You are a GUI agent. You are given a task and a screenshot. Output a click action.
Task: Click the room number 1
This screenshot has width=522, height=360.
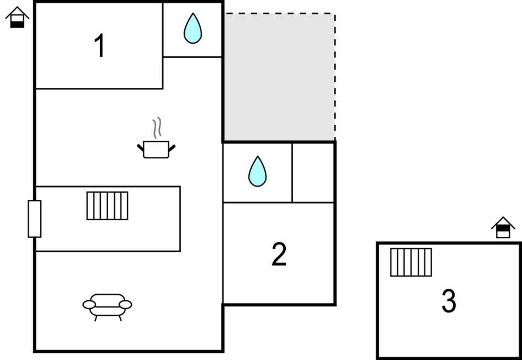click(x=100, y=46)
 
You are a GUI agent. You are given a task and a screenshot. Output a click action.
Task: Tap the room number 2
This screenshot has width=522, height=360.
click(x=279, y=254)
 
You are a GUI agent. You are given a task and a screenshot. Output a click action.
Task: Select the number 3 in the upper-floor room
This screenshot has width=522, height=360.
click(x=449, y=301)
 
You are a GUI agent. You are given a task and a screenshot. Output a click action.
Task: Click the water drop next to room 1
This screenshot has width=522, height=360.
click(x=193, y=28)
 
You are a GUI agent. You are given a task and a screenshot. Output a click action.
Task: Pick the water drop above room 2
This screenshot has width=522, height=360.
click(x=257, y=172)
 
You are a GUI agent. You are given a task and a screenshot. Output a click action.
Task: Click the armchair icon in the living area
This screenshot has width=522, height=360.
click(x=107, y=307)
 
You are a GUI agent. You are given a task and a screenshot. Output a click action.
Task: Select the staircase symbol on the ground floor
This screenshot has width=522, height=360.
click(x=107, y=205)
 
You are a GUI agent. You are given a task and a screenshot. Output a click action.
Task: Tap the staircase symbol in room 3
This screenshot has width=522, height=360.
click(x=411, y=262)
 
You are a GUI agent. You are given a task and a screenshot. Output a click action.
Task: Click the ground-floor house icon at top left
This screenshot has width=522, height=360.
click(x=17, y=17)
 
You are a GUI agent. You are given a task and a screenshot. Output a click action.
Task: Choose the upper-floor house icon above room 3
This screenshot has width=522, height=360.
click(x=503, y=227)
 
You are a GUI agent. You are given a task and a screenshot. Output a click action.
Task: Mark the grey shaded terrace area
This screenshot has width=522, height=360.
click(x=280, y=77)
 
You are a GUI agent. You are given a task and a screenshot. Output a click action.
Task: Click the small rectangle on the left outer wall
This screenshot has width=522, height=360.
click(x=35, y=219)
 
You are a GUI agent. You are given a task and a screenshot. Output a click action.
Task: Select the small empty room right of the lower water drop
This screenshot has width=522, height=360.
click(x=313, y=172)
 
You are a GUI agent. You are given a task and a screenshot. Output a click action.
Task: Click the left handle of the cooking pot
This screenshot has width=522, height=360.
click(x=141, y=148)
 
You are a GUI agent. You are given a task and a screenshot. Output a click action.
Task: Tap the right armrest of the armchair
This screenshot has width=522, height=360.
click(x=125, y=304)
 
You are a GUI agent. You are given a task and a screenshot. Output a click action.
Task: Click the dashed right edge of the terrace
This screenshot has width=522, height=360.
click(x=335, y=77)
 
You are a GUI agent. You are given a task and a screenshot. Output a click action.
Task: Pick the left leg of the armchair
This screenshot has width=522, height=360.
click(x=96, y=318)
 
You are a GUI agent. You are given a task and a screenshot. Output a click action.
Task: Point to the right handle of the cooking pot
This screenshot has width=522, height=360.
click(x=172, y=148)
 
